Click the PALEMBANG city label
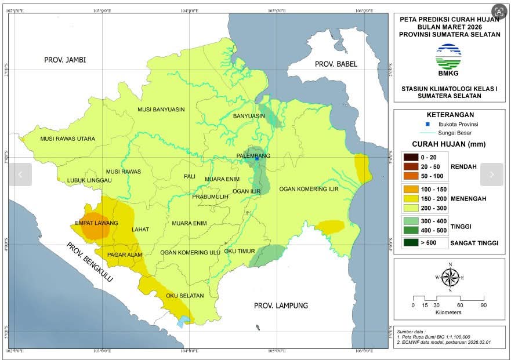[x=253, y=156]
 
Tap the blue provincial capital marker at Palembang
[x=257, y=159]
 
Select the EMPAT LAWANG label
[x=97, y=223]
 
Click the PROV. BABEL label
[x=336, y=64]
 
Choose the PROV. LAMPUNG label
[x=281, y=306]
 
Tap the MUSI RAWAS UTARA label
[x=67, y=139]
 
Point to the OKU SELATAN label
[x=185, y=296]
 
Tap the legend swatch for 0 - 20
[x=411, y=157]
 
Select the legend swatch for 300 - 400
[x=411, y=221]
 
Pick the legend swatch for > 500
[x=411, y=243]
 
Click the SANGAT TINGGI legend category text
[x=474, y=243]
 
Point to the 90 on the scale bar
[x=483, y=305]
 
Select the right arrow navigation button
[x=491, y=174]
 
